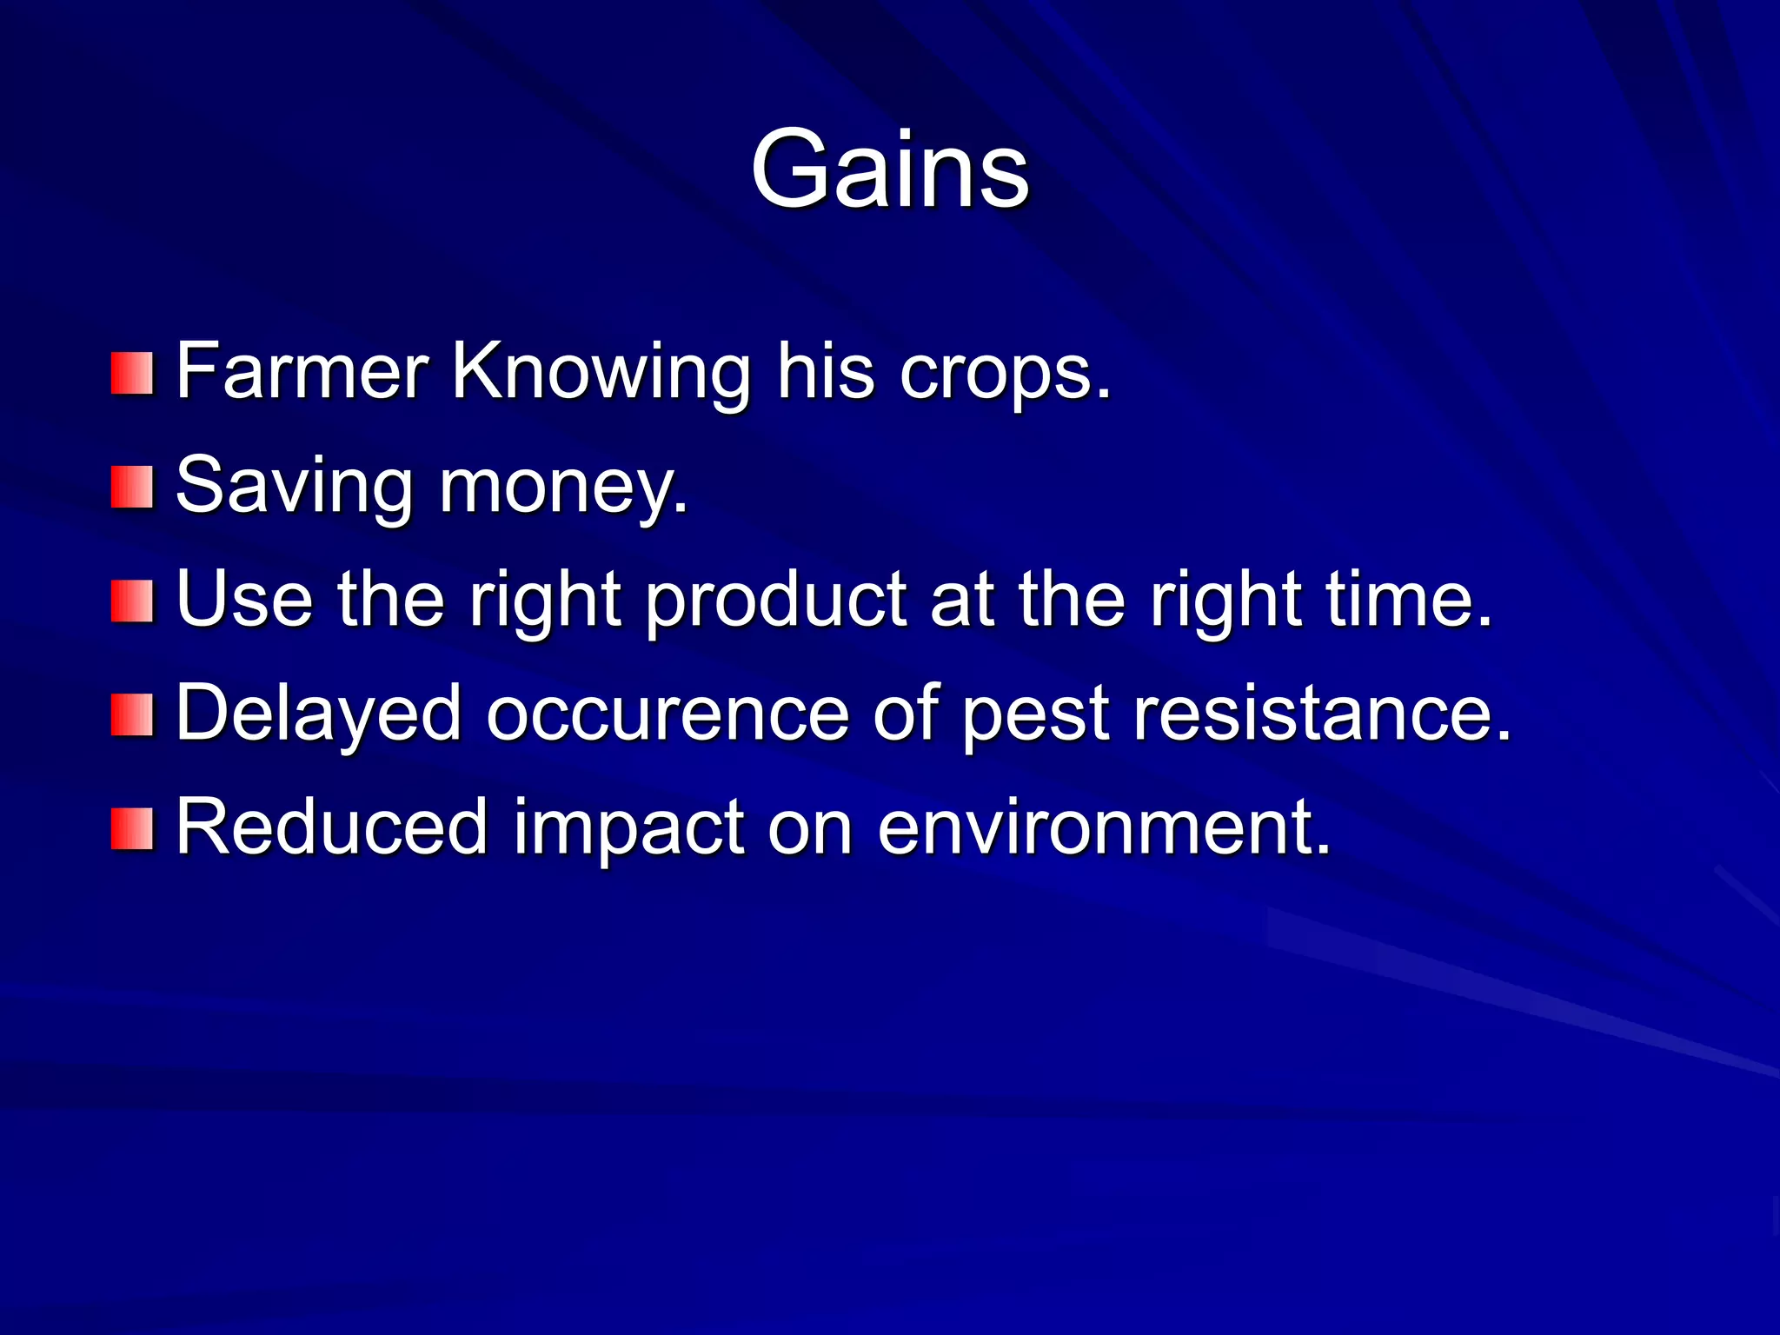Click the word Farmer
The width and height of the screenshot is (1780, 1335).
tap(302, 372)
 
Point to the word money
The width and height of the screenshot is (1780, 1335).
tap(563, 488)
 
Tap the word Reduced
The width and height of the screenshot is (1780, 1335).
tap(331, 827)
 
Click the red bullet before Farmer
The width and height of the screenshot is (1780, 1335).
tap(132, 373)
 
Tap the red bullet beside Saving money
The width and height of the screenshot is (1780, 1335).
tap(132, 487)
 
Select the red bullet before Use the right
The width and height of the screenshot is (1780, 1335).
tap(132, 601)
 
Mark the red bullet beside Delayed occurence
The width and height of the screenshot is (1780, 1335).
tap(132, 714)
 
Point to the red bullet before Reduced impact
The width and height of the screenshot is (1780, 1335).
tap(132, 828)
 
